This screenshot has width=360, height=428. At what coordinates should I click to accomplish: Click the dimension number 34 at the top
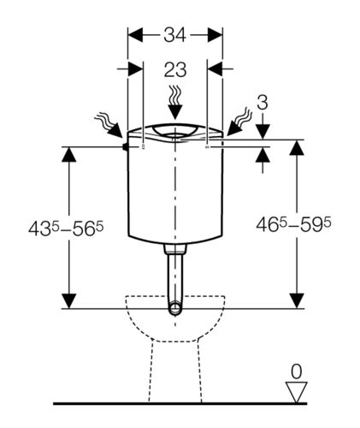point(174,35)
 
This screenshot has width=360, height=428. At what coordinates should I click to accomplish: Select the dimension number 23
point(175,69)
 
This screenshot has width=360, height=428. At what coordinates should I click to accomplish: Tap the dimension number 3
point(263,103)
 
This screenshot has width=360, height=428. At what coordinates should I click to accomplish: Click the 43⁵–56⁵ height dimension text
point(66,229)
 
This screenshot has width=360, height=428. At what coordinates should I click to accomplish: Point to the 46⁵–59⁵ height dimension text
point(293,224)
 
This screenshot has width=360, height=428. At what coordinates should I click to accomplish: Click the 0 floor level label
point(297,372)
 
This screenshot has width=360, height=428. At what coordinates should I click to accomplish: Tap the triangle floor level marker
point(297,392)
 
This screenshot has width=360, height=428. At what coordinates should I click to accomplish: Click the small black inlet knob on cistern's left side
point(125,146)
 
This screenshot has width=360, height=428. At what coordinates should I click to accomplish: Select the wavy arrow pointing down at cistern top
point(175,102)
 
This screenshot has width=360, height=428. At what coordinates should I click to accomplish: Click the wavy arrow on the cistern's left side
point(109,125)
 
